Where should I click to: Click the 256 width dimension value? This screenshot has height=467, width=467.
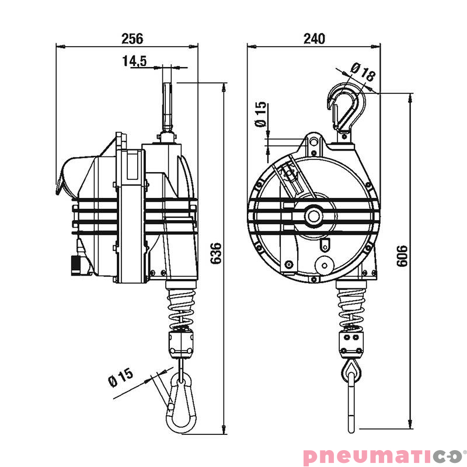(x=132, y=39)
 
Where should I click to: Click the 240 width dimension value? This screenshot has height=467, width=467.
(x=314, y=39)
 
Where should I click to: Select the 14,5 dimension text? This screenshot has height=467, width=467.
(x=135, y=61)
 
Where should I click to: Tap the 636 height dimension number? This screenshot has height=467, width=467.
(x=216, y=253)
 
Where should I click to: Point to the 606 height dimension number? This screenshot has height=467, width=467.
(x=402, y=256)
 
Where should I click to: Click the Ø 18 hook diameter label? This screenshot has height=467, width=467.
(x=363, y=72)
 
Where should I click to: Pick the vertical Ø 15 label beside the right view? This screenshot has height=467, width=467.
(x=260, y=114)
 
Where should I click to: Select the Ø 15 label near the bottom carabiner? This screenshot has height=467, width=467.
(x=121, y=378)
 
